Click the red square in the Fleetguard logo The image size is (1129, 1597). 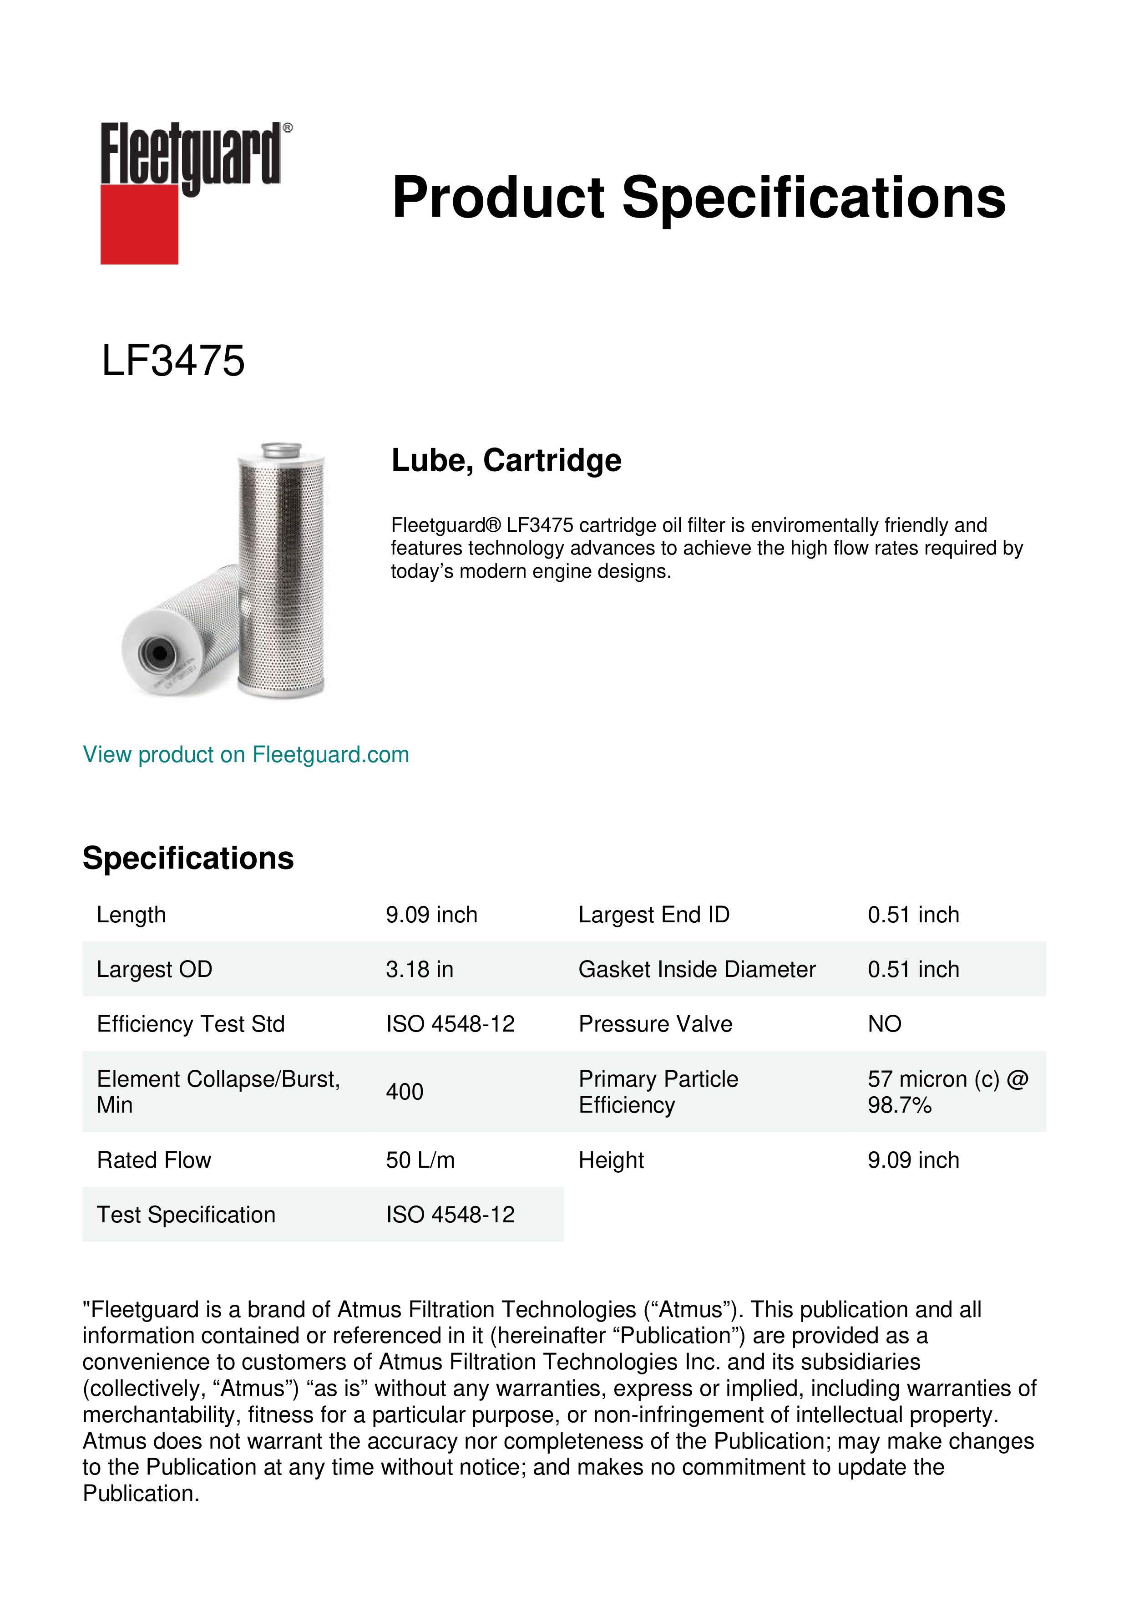(x=139, y=224)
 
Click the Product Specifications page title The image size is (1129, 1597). (x=698, y=198)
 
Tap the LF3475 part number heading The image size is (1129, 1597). (x=173, y=361)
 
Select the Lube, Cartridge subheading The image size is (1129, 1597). (x=506, y=460)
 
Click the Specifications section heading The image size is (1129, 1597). (x=187, y=858)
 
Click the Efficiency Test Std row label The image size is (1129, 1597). (x=191, y=1024)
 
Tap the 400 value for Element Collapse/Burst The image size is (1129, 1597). (x=405, y=1092)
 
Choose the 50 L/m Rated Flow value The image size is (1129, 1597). (x=420, y=1160)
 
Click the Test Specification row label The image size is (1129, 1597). (x=186, y=1215)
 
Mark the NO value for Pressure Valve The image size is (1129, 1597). (x=884, y=1024)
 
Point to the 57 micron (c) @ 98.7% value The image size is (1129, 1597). (x=947, y=1092)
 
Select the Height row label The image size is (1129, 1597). (x=611, y=1160)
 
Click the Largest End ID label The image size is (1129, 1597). (x=653, y=915)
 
